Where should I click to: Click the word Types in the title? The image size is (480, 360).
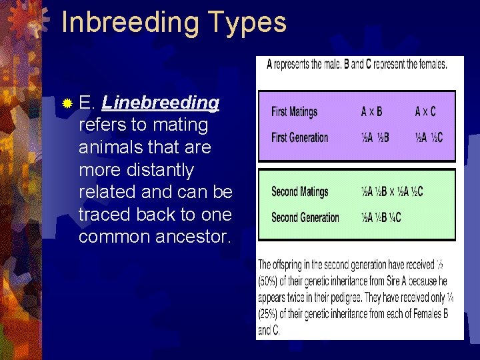[246, 22]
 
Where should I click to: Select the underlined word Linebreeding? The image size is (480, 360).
[161, 103]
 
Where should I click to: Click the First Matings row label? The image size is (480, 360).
[294, 111]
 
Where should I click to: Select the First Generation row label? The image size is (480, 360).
[299, 137]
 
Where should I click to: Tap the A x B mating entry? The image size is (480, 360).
[371, 111]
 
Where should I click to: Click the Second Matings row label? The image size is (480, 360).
[299, 191]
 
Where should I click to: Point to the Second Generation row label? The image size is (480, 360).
[305, 217]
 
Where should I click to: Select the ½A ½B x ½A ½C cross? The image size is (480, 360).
[391, 191]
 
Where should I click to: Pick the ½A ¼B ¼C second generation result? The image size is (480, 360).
[381, 217]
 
